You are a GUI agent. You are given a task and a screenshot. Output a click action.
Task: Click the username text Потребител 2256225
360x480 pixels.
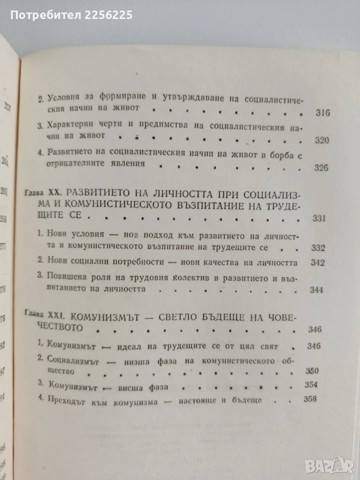[x=71, y=15]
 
